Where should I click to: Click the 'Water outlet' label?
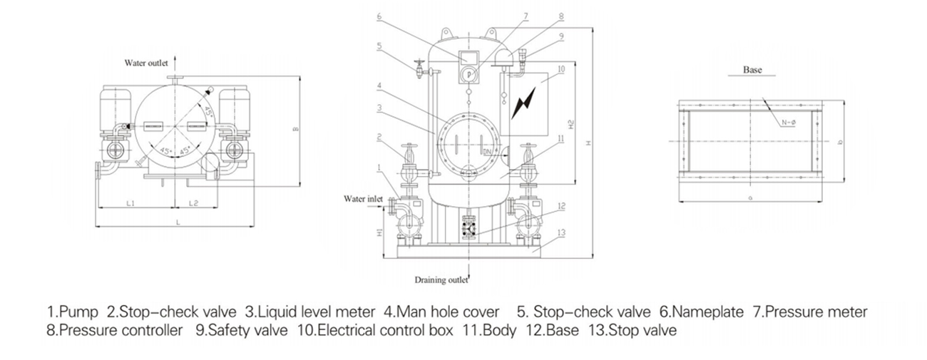pos(146,63)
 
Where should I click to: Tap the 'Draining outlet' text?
pos(441,280)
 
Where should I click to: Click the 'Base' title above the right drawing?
pos(752,70)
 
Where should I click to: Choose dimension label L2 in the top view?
pos(193,204)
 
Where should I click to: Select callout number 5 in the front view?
pos(380,46)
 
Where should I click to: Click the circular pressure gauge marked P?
pos(468,73)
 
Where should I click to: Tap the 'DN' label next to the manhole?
pos(487,152)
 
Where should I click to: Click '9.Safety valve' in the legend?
pos(240,331)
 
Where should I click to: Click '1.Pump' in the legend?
pos(73,312)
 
